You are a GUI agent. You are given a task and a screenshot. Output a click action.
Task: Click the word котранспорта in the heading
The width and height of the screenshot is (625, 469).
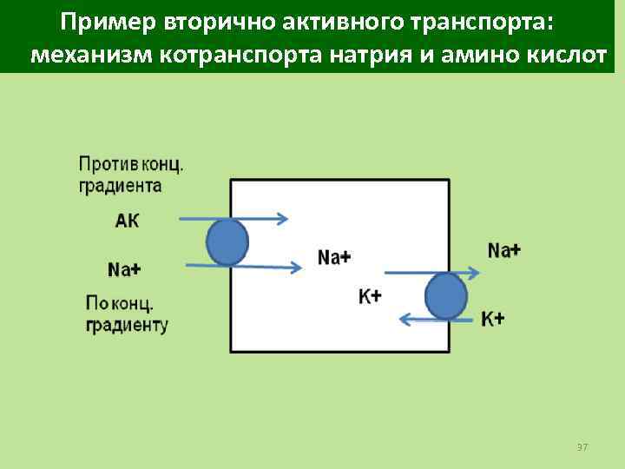tap(243, 57)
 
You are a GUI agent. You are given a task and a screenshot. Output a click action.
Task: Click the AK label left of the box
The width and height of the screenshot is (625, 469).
tap(127, 221)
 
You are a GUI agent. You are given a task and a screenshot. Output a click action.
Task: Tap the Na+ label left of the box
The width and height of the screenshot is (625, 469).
tap(126, 269)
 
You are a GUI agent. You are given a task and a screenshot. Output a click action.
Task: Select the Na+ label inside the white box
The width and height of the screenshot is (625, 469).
tap(334, 256)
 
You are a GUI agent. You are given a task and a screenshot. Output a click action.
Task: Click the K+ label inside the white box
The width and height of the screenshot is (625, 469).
tap(371, 296)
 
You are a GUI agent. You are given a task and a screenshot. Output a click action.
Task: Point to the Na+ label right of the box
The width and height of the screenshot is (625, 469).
tap(504, 250)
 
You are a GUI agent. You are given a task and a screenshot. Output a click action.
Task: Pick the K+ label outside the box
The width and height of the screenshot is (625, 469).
tap(493, 319)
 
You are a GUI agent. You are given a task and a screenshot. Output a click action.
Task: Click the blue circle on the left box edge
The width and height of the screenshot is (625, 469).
tap(227, 241)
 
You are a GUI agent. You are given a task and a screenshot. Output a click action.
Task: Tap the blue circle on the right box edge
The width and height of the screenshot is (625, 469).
tap(448, 296)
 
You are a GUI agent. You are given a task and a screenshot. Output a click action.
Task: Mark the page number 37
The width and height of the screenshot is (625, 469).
tap(582, 446)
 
